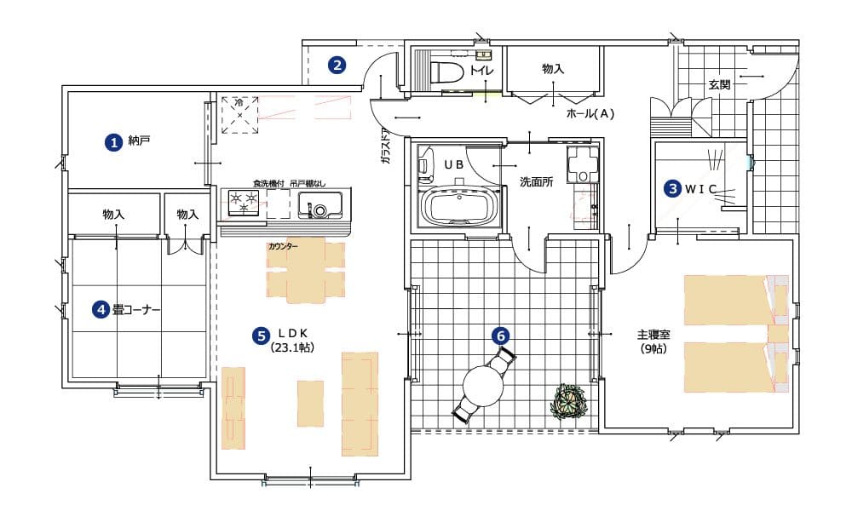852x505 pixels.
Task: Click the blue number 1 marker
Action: pyautogui.click(x=113, y=142)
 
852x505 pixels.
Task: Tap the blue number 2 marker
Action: pyautogui.click(x=337, y=66)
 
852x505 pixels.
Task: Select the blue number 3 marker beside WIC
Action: pyautogui.click(x=673, y=188)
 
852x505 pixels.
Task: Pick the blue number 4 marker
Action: pyautogui.click(x=101, y=309)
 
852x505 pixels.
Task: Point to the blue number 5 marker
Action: pyautogui.click(x=261, y=336)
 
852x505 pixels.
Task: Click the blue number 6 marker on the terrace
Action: pyautogui.click(x=500, y=336)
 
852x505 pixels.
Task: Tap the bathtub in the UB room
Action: pyautogui.click(x=460, y=205)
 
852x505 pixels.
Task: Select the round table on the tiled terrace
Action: pyautogui.click(x=483, y=387)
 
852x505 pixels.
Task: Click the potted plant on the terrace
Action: pyautogui.click(x=570, y=402)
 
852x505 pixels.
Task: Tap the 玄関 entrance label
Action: pyautogui.click(x=719, y=84)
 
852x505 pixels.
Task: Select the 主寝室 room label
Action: pyautogui.click(x=653, y=335)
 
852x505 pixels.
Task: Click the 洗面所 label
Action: pyautogui.click(x=536, y=182)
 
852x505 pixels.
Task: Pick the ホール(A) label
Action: pyautogui.click(x=590, y=113)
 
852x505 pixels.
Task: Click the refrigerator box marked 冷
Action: pyautogui.click(x=239, y=115)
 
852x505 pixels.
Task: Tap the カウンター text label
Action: pyautogui.click(x=283, y=246)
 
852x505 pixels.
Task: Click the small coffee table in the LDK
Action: pyautogui.click(x=310, y=395)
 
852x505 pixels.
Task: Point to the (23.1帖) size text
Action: pyautogui.click(x=291, y=348)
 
